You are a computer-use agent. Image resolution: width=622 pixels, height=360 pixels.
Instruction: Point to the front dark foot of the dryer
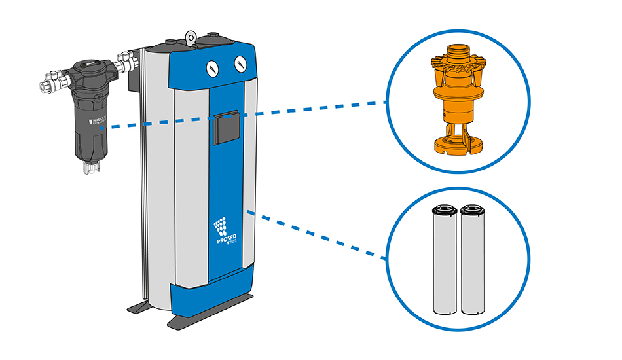pyautogui.click(x=196, y=321)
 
